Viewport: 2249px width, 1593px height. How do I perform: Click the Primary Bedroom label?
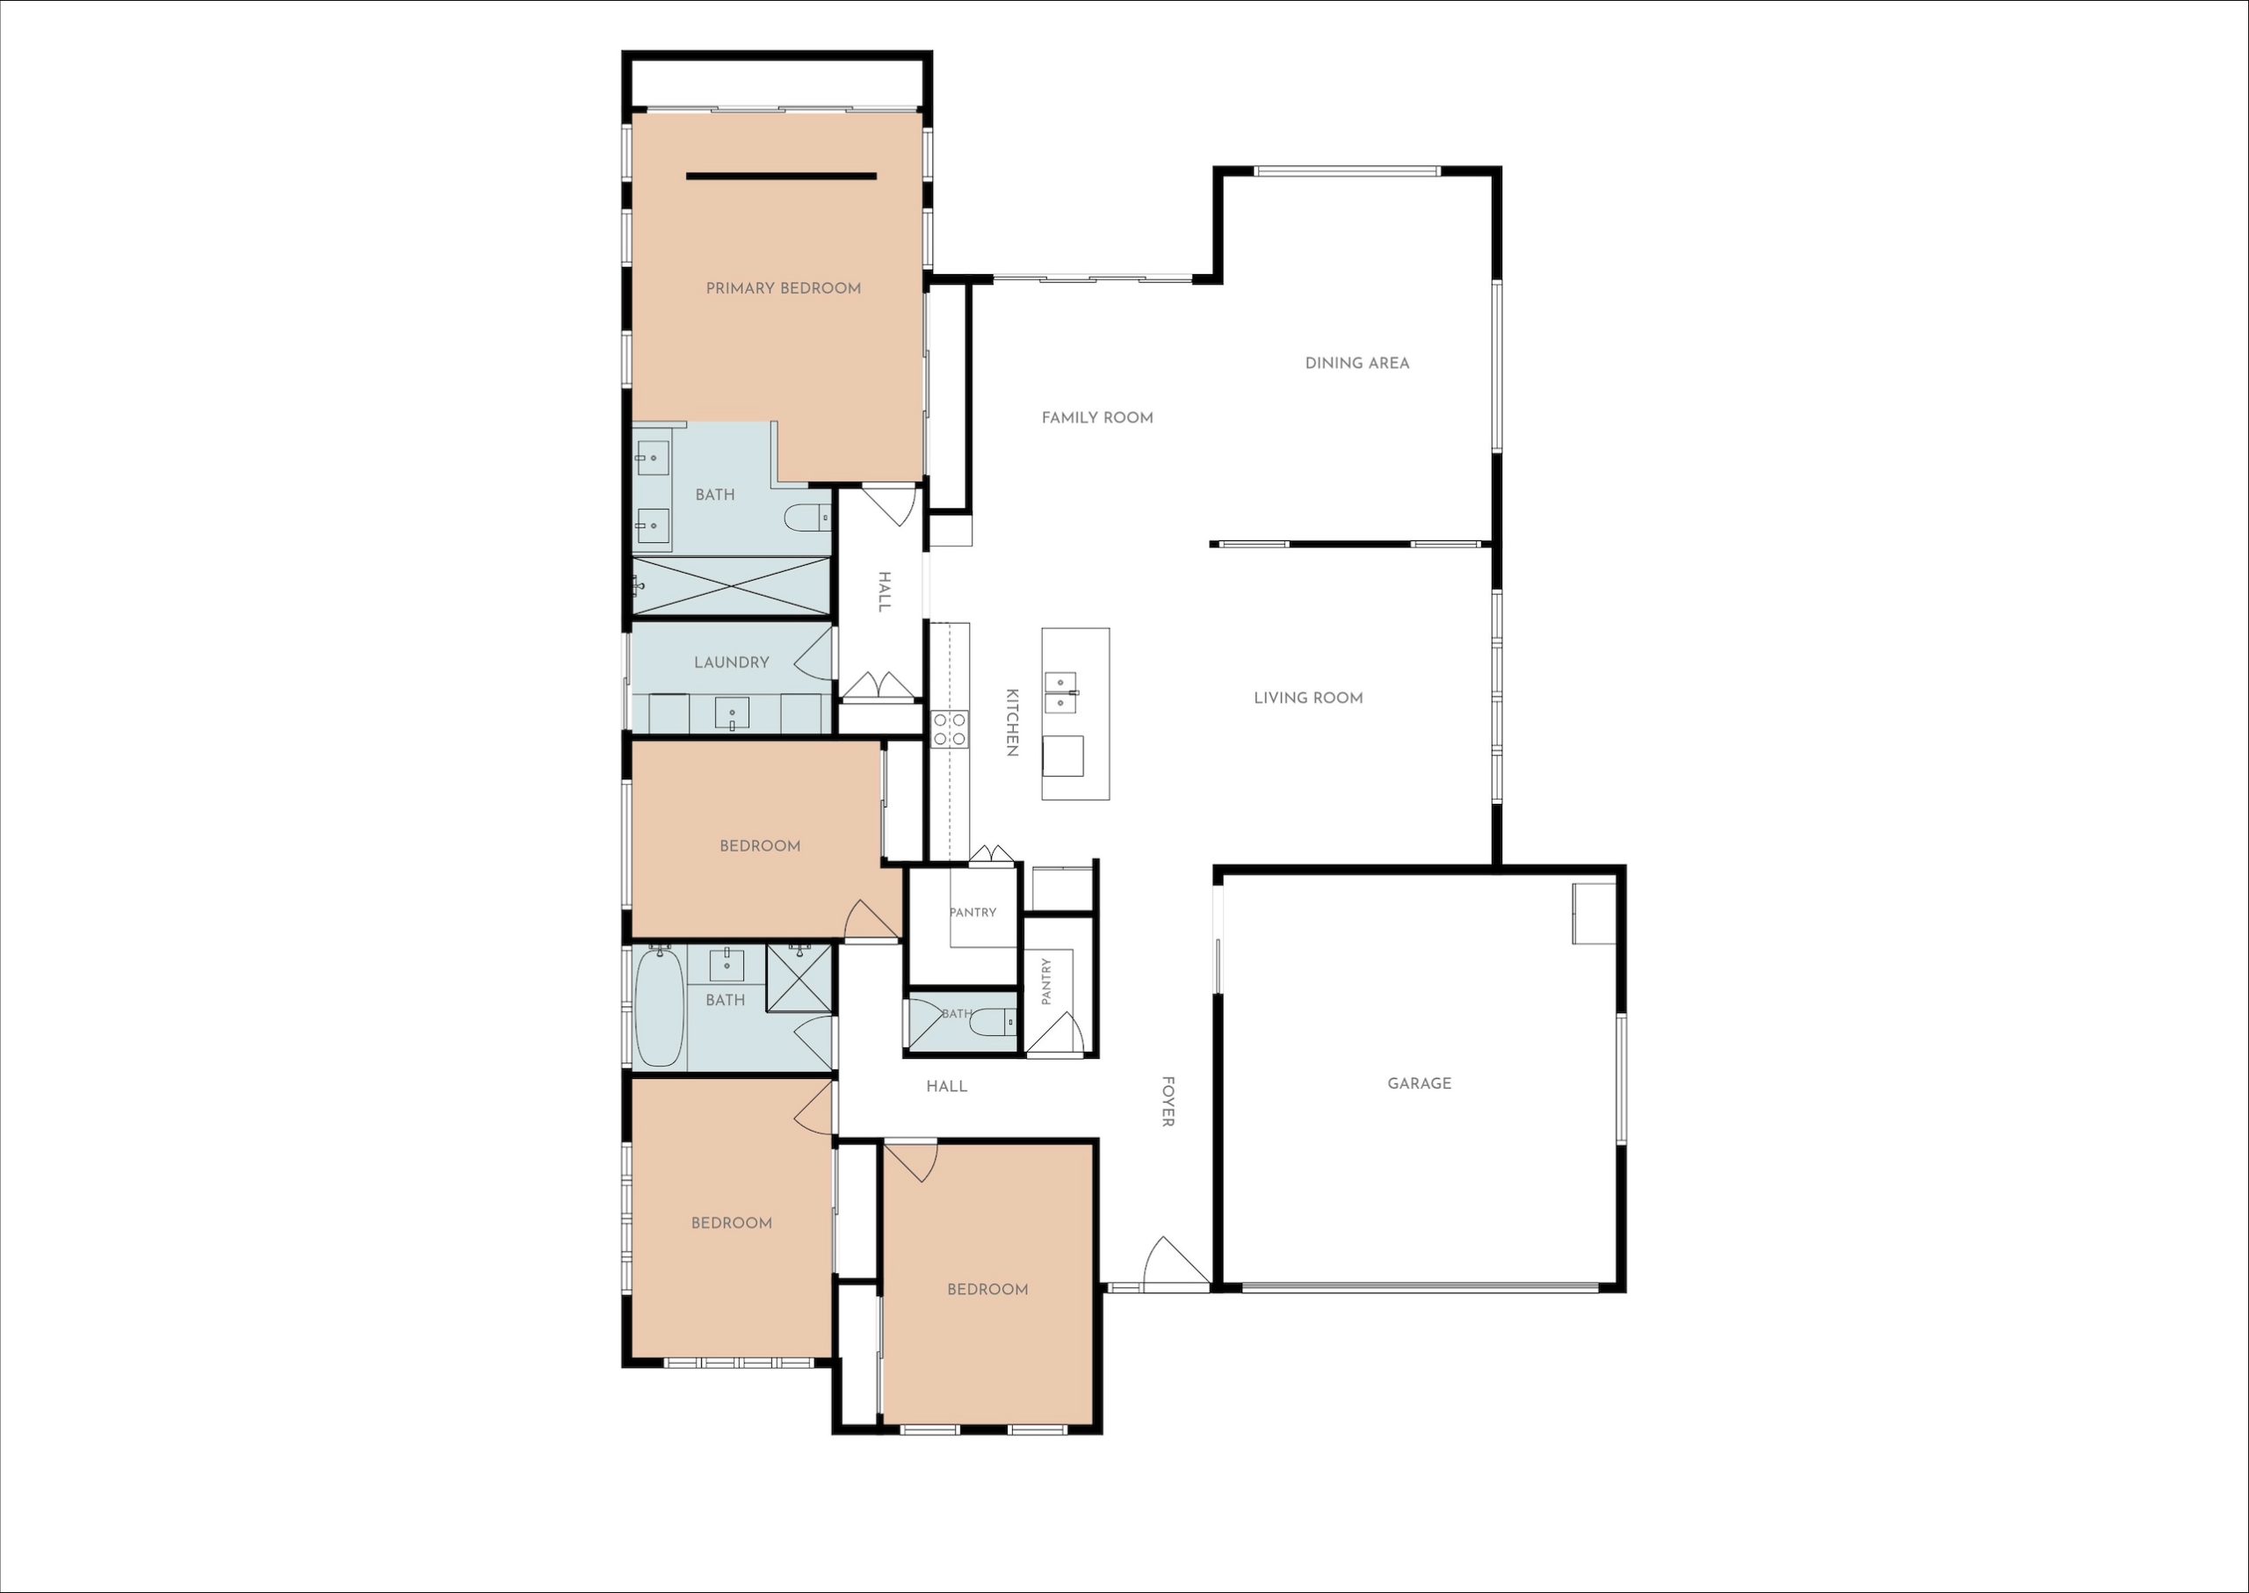click(x=784, y=287)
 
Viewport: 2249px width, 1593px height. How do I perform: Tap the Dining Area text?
click(x=1357, y=363)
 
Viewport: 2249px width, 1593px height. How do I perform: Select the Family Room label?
click(x=1097, y=418)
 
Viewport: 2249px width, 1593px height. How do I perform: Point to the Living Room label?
click(x=1308, y=699)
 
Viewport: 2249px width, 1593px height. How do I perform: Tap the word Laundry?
click(x=732, y=663)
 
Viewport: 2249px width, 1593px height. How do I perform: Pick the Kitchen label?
click(x=1012, y=722)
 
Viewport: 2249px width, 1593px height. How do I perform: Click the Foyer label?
click(x=1168, y=1102)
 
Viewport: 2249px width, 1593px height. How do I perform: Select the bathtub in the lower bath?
click(x=659, y=1006)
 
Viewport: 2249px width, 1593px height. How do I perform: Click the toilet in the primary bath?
click(x=808, y=517)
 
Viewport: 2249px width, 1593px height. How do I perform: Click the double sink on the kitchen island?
click(x=1061, y=692)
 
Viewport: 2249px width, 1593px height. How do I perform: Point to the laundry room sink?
click(x=732, y=714)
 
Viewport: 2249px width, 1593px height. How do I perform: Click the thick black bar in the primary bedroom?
click(x=782, y=177)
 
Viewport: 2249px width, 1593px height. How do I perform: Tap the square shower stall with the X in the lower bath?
click(x=799, y=978)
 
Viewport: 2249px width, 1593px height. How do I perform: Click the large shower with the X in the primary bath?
click(x=732, y=587)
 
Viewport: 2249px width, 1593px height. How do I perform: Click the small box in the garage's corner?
click(x=1594, y=913)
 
